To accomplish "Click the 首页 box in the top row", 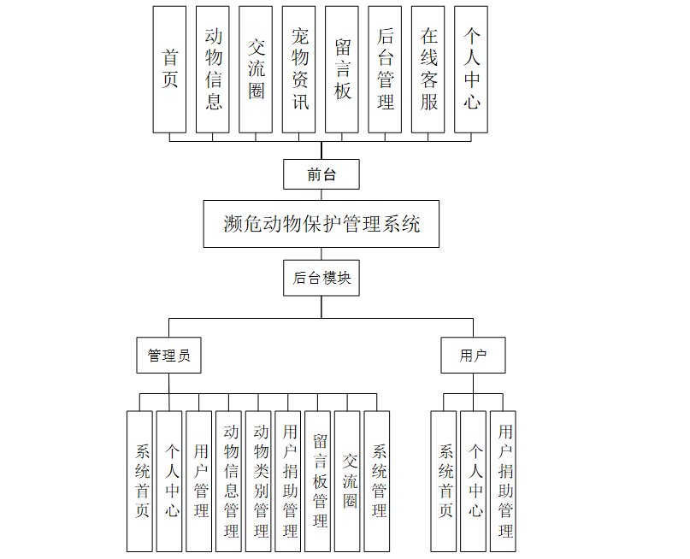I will tap(169, 69).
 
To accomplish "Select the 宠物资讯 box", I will tap(299, 69).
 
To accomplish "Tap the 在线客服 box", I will tap(428, 69).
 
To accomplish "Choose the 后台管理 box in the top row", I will tap(385, 69).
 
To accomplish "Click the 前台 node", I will tap(321, 174).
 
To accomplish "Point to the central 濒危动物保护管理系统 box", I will tap(321, 224).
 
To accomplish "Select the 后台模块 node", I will tap(321, 278).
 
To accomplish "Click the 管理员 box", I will tap(168, 356).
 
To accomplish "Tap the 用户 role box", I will tap(473, 356).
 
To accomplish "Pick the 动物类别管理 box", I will tap(261, 481).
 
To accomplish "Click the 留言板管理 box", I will tap(320, 481).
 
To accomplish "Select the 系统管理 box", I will tap(377, 481).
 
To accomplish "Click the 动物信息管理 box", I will tap(231, 481).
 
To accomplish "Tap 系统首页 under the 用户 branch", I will tap(444, 481).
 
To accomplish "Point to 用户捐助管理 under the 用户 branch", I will tap(504, 481).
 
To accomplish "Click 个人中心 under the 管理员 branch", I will tap(170, 481).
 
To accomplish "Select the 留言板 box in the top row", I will tap(342, 69).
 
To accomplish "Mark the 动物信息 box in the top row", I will tap(213, 69).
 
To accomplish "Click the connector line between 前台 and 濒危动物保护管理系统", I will tap(321, 195).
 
